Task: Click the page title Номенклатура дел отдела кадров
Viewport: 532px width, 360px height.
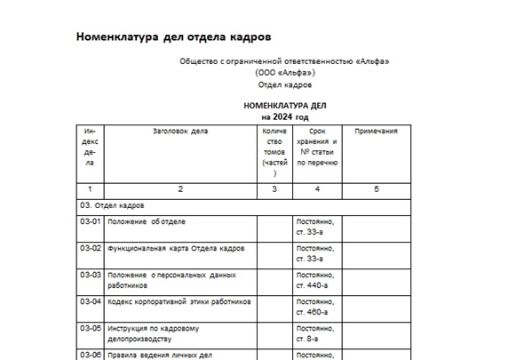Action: coord(172,37)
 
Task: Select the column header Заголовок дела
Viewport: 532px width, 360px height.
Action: coord(179,131)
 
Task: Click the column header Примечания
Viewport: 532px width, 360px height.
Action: coord(376,131)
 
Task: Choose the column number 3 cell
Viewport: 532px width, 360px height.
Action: coord(274,189)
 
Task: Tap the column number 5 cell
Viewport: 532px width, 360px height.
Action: coord(376,189)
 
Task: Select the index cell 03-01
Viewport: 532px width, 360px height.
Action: coord(91,221)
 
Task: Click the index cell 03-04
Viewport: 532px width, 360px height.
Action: coord(91,302)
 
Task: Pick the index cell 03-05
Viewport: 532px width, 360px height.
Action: coord(91,329)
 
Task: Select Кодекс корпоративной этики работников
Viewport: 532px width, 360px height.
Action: coord(179,302)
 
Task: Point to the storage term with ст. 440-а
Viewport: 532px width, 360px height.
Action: coord(316,280)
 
